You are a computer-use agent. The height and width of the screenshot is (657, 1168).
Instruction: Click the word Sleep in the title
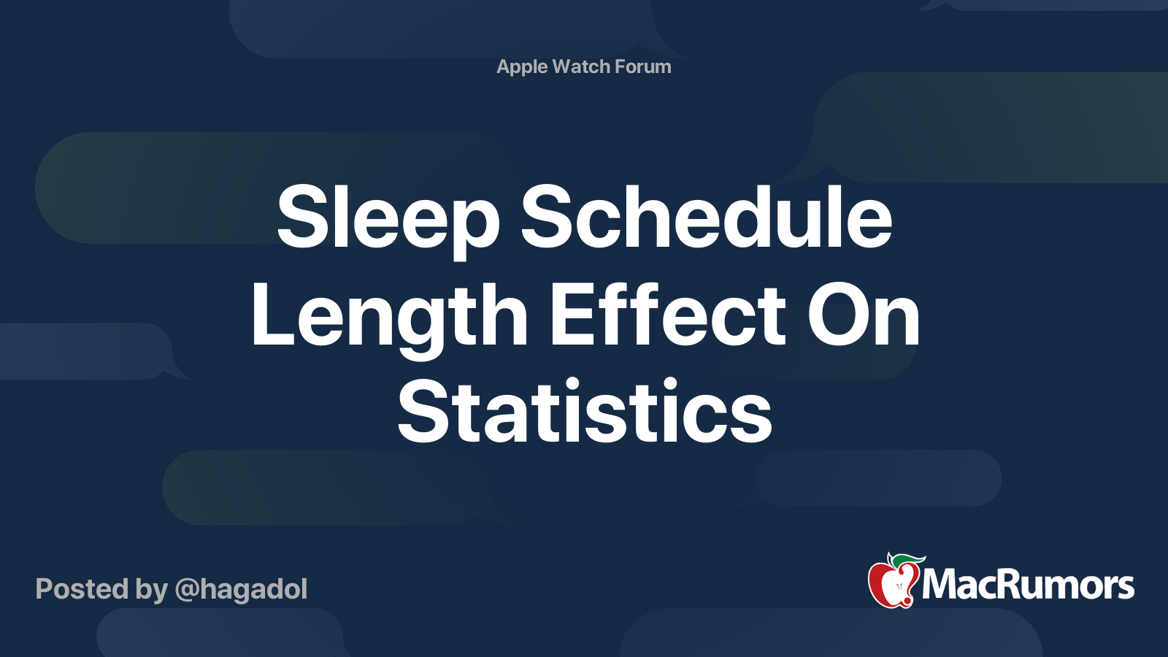click(388, 218)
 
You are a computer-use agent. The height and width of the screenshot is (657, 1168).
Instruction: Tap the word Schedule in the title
click(706, 218)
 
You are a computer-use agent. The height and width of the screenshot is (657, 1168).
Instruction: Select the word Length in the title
click(389, 315)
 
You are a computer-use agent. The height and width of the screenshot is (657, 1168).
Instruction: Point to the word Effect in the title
click(667, 315)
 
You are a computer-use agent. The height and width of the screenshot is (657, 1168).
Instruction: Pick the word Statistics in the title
click(584, 412)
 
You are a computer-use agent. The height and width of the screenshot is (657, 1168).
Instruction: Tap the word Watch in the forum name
click(581, 66)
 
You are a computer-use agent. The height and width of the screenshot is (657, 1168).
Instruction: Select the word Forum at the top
click(642, 66)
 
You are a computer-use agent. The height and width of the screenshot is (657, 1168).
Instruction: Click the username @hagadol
click(241, 589)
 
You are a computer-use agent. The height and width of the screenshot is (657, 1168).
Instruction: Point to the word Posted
click(82, 589)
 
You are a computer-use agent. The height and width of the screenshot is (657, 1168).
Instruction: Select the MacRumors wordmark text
click(1028, 585)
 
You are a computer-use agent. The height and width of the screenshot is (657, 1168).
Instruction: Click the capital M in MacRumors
click(942, 585)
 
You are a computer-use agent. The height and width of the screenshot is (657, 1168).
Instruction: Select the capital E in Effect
click(572, 315)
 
